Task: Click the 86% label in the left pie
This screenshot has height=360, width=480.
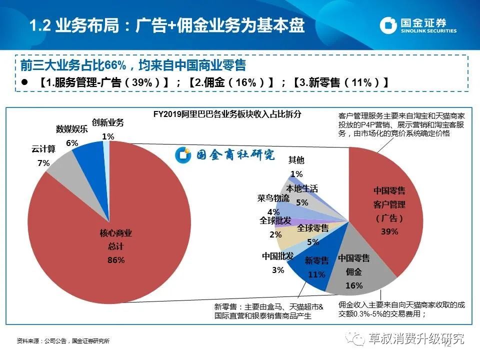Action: click(116, 260)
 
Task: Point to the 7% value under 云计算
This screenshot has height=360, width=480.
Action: click(43, 163)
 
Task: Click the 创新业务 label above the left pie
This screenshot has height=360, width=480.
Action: click(108, 123)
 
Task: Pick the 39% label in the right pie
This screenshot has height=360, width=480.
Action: click(389, 231)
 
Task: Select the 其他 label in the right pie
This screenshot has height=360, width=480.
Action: click(296, 160)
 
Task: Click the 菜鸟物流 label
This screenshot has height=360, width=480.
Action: click(273, 198)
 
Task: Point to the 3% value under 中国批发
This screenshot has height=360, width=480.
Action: click(278, 270)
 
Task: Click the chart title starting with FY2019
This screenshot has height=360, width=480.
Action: click(227, 114)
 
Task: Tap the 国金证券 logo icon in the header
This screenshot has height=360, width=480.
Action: click(388, 25)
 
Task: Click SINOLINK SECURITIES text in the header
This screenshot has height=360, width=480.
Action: click(428, 30)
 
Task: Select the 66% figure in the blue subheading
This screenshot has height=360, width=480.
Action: click(115, 65)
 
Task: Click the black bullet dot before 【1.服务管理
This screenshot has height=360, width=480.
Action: click(24, 82)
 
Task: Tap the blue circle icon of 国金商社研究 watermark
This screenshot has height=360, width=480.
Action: click(183, 154)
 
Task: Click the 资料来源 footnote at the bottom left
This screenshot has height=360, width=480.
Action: click(63, 340)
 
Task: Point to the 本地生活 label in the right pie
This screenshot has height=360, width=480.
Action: click(302, 188)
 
